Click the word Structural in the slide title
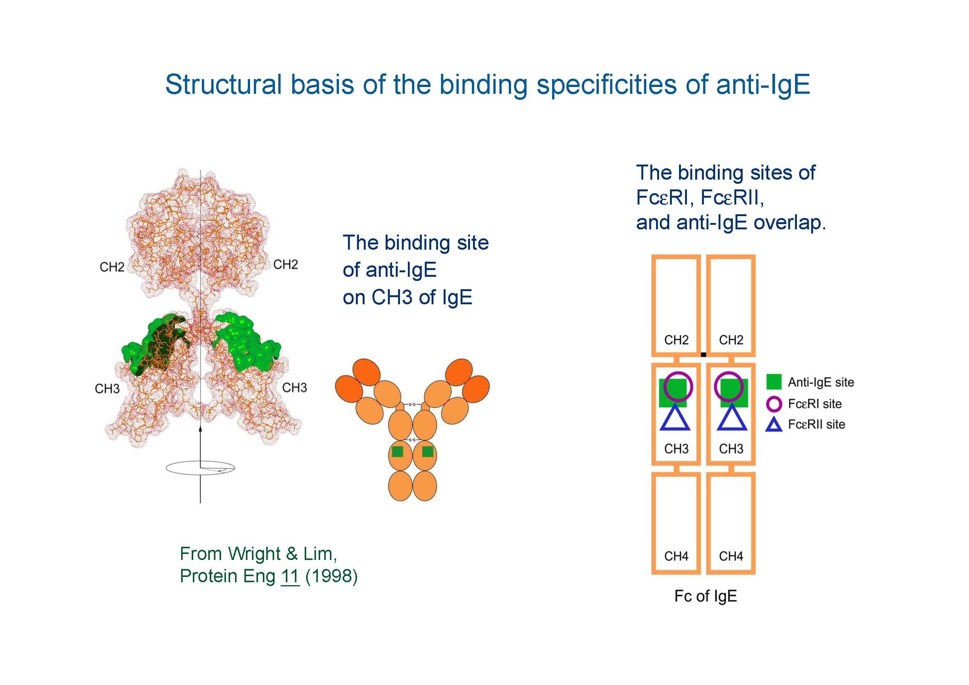(x=224, y=84)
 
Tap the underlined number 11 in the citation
(x=290, y=577)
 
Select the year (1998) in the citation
(x=331, y=577)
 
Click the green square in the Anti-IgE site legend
(x=774, y=382)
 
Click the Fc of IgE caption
(x=706, y=596)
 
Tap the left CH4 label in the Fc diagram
(x=676, y=556)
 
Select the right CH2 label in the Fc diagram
(x=731, y=340)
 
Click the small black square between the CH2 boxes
(x=703, y=354)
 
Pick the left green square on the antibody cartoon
(x=397, y=452)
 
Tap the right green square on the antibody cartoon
(x=427, y=452)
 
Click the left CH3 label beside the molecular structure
(x=107, y=389)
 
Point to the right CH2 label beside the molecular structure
(x=286, y=265)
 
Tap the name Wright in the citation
(x=254, y=554)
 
